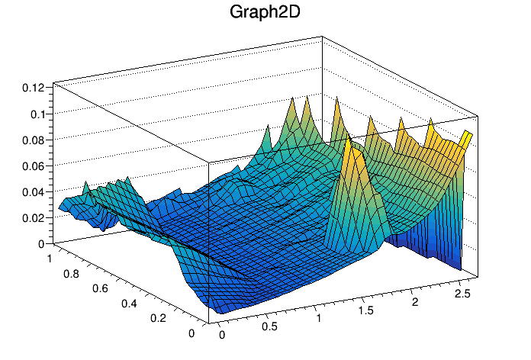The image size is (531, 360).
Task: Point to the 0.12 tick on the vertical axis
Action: [x=33, y=88]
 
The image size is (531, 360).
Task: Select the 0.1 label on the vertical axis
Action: [x=37, y=114]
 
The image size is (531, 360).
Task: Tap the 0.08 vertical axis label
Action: [x=33, y=140]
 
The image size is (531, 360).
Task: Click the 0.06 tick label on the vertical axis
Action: [x=33, y=166]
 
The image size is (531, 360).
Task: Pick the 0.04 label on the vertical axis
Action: [x=33, y=192]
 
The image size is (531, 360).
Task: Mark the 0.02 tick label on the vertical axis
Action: [x=33, y=218]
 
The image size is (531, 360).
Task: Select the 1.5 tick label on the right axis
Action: [x=368, y=311]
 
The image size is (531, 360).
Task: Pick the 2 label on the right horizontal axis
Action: [x=416, y=303]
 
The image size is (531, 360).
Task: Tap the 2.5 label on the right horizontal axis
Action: [x=462, y=294]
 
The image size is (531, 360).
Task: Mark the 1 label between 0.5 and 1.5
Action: [x=320, y=319]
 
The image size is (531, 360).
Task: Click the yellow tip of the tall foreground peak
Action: [x=349, y=142]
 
